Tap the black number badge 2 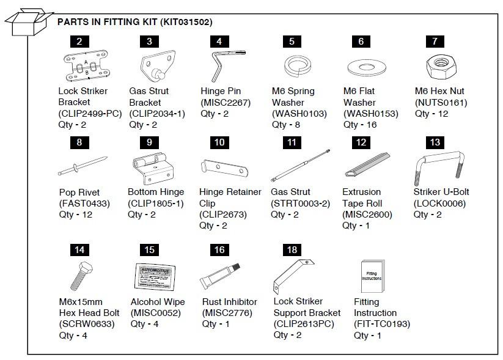point(79,42)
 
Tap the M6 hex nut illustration point(435,64)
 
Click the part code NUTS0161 point(441,103)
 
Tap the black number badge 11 point(292,143)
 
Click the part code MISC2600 point(367,215)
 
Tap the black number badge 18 point(292,249)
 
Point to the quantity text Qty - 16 point(360,125)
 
